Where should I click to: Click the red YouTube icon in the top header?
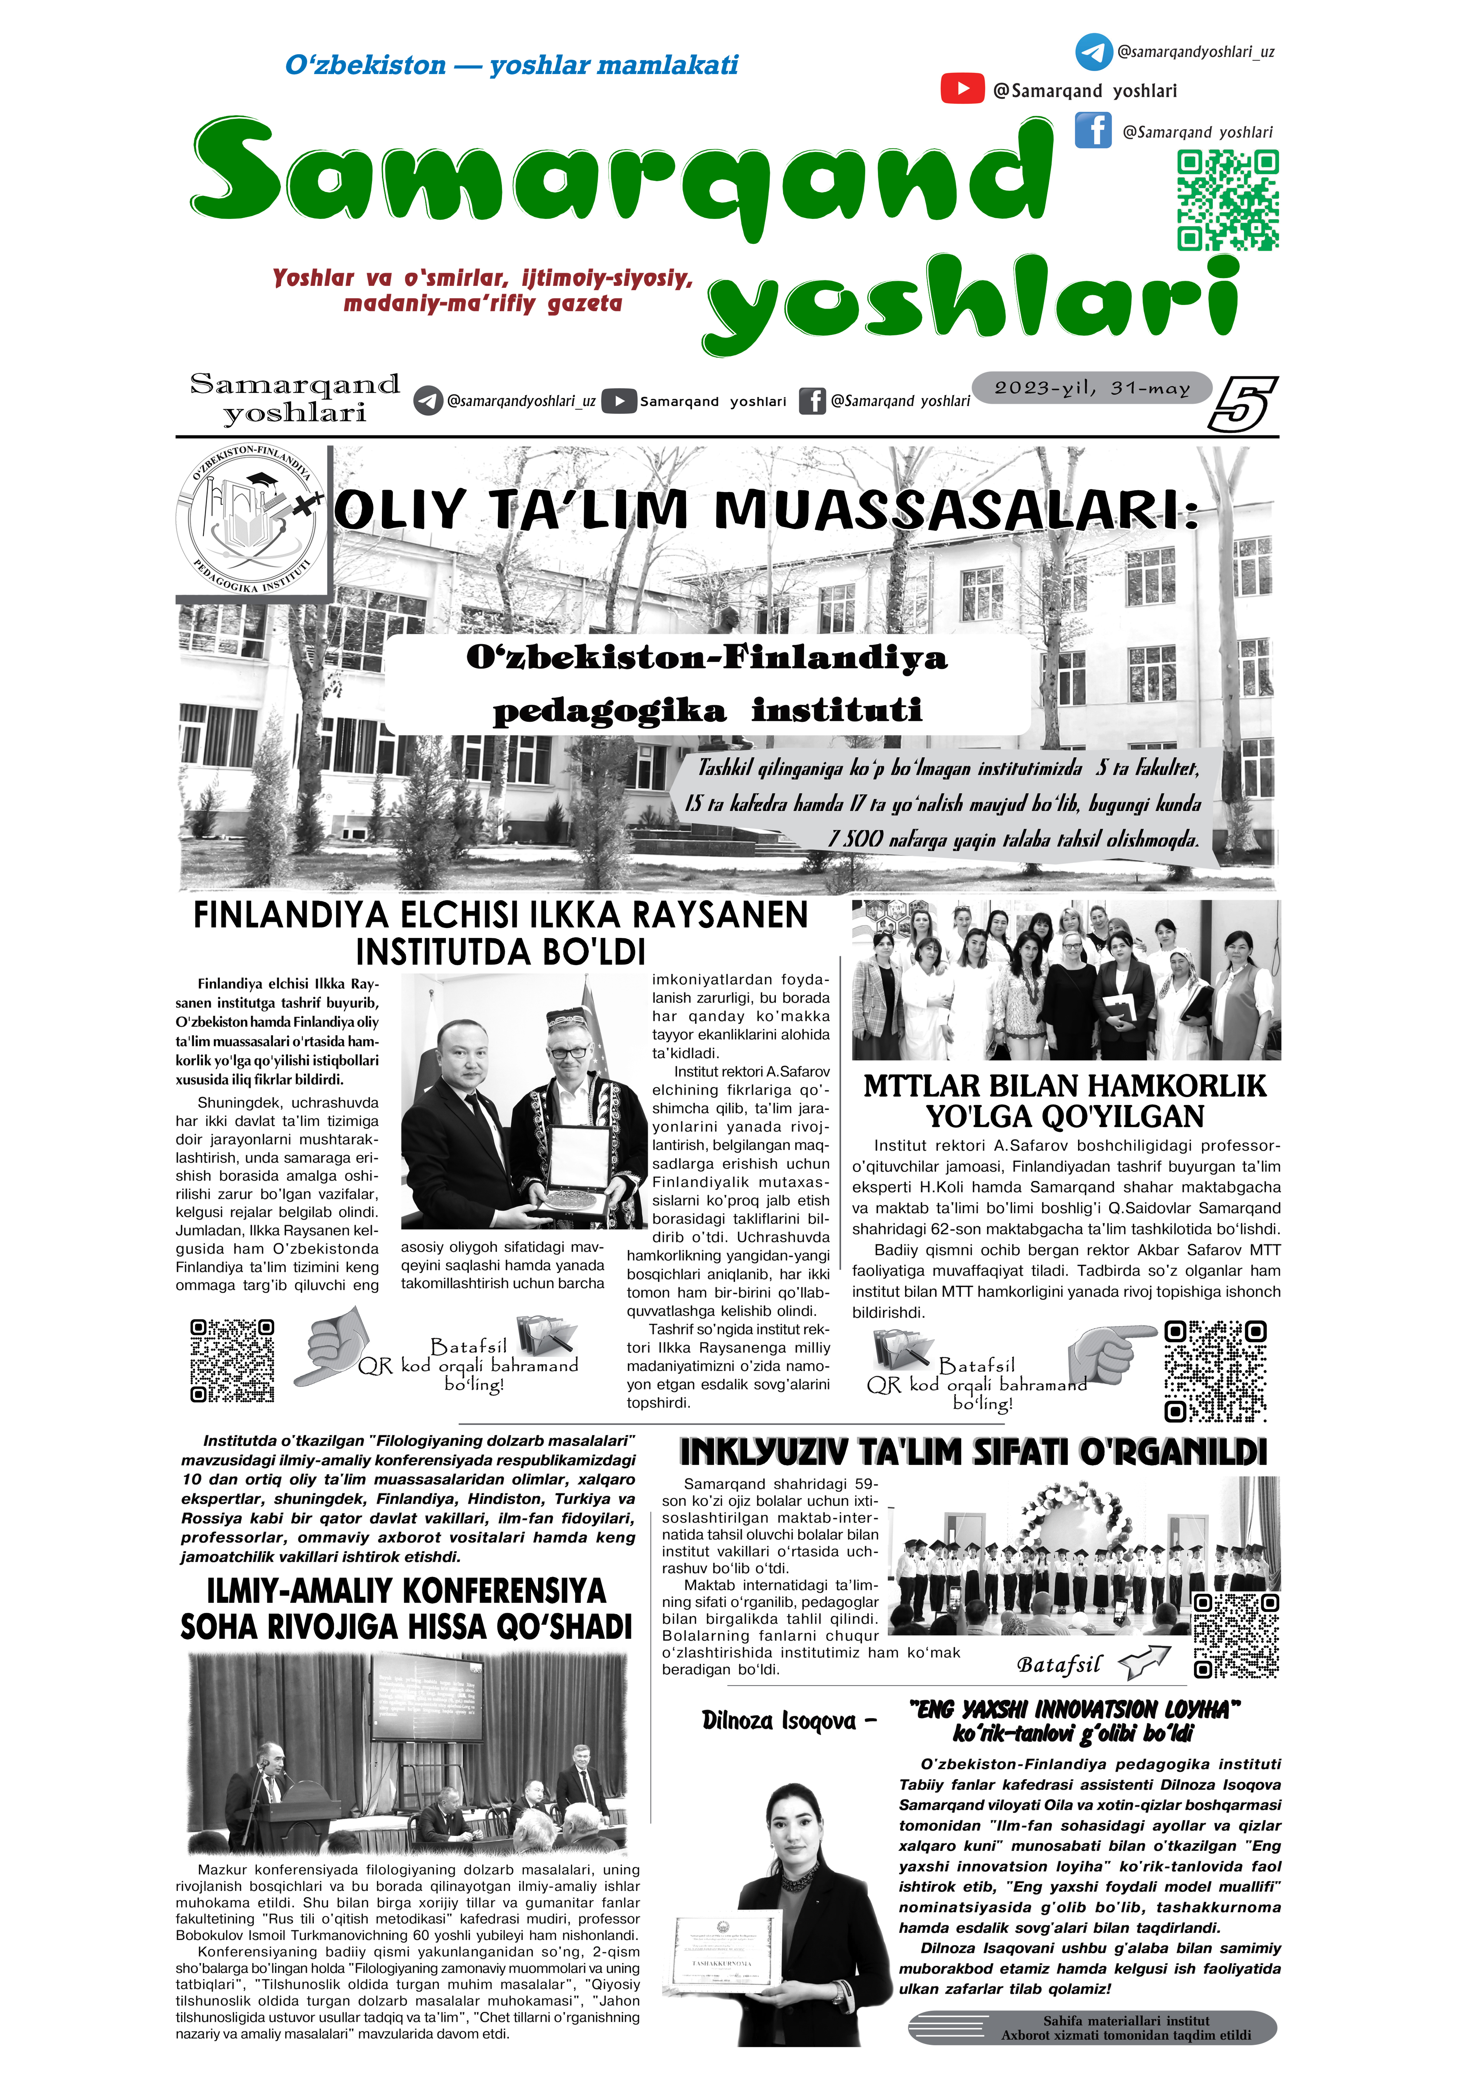962,89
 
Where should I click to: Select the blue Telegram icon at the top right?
1093,52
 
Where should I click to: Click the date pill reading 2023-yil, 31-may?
1092,388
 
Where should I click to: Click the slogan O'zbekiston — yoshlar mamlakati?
511,65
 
